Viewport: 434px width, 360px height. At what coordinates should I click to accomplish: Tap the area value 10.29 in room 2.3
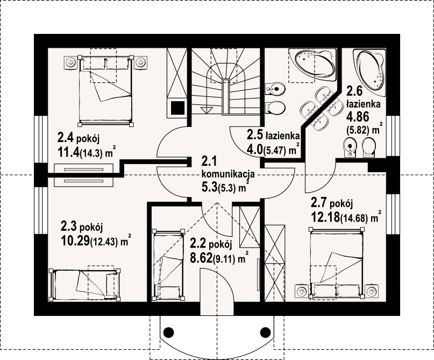point(75,241)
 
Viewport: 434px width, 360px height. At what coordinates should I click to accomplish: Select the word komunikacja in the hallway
point(229,175)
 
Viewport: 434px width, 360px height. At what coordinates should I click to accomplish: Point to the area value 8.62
point(202,258)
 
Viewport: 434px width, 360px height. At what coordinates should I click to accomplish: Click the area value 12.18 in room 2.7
point(325,216)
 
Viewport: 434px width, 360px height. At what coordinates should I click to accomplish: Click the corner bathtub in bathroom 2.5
point(312,65)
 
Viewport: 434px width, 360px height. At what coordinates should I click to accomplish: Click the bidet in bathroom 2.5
point(275,89)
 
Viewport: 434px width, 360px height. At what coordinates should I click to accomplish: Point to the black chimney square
point(177,108)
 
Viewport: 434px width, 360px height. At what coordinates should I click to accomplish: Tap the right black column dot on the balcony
point(266,331)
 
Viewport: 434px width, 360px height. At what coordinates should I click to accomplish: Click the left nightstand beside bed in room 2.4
point(71,62)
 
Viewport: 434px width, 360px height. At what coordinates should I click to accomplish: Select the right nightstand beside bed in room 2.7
point(372,291)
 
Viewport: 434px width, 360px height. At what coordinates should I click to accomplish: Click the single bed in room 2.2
point(168,264)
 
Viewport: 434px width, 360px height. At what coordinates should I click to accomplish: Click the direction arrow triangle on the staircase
point(205,110)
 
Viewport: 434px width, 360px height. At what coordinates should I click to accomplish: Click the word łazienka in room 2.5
point(282,136)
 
